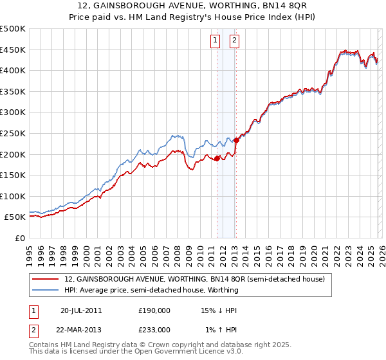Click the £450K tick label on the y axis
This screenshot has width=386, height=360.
13,50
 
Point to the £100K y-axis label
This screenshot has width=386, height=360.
13,196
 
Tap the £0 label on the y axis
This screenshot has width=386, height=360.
19,238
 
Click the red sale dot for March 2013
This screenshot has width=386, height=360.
236,140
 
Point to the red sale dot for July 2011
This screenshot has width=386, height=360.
217,158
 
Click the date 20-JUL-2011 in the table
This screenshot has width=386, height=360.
81,310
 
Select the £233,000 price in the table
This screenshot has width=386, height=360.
154,330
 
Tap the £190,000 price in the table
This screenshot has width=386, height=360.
154,310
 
